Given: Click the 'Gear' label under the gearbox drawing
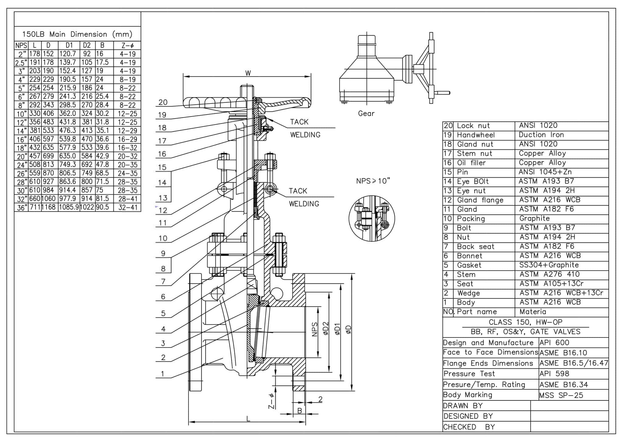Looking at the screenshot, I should (366, 114).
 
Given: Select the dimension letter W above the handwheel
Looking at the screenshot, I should (248, 73).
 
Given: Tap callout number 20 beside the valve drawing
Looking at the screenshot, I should (163, 102).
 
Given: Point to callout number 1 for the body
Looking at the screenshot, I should (163, 374).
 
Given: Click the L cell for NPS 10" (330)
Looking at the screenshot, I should (35, 114).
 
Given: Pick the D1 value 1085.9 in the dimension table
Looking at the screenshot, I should (69, 207).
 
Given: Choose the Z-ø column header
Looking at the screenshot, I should (127, 46).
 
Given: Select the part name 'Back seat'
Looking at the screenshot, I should (475, 246).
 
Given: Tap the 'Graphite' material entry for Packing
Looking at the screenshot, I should (534, 218).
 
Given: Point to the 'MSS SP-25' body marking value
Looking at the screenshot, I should (561, 395).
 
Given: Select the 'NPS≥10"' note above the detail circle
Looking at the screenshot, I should (373, 181).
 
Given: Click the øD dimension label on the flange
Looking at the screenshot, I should (348, 330).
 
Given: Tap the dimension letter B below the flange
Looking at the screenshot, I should (300, 411).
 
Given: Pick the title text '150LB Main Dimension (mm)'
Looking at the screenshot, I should (77, 34).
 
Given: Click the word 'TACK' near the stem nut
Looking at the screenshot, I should (299, 122).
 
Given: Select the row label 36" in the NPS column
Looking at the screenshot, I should (21, 208).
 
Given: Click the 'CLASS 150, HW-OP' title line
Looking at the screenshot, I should (525, 322).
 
